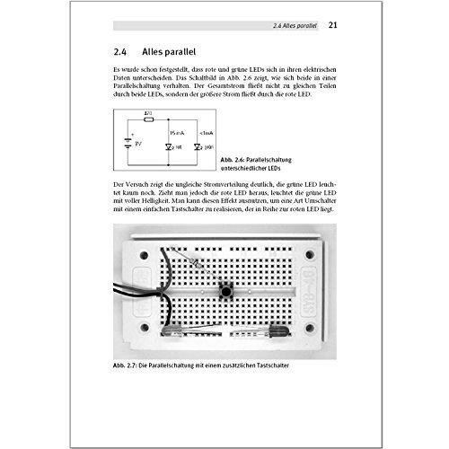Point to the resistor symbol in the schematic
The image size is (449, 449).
click(148, 119)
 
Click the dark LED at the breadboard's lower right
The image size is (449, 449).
click(277, 333)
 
